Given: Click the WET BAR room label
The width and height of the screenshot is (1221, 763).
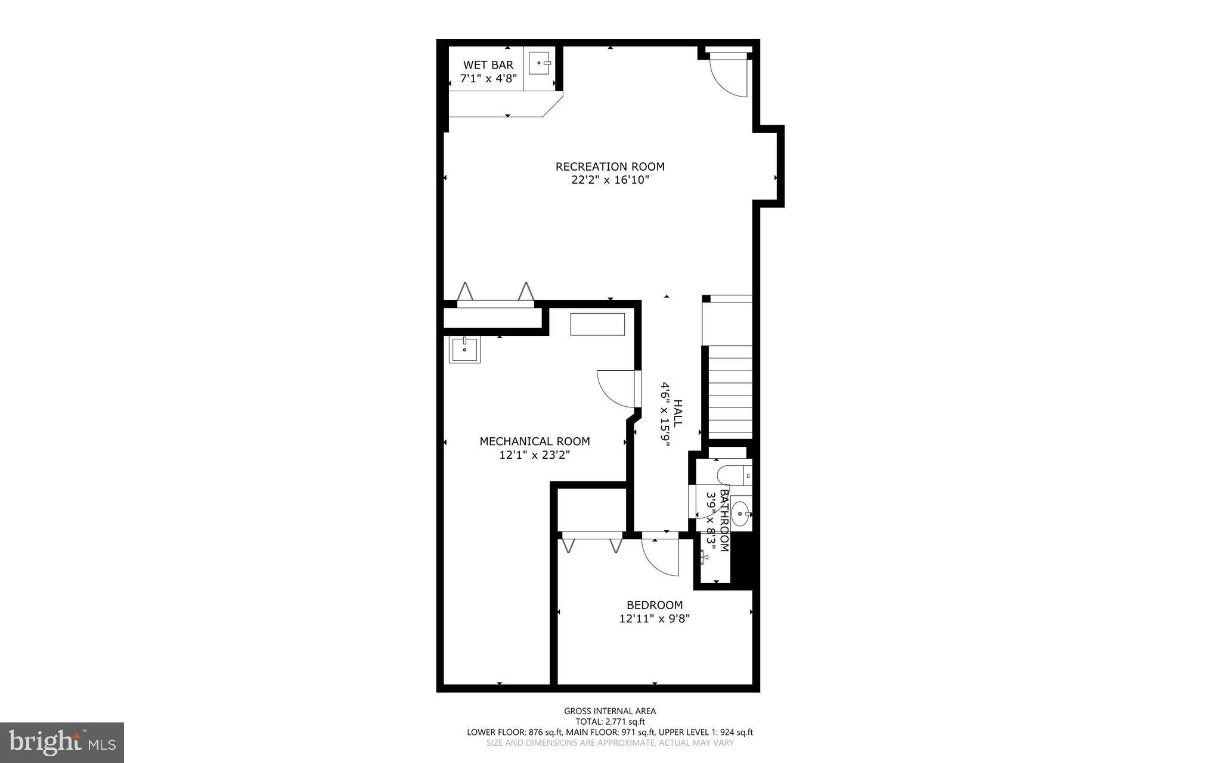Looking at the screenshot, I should pos(488,65).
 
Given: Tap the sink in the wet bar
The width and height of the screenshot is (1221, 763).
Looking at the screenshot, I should pos(540,63).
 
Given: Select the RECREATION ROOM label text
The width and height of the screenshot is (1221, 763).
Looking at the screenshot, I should pos(610,166).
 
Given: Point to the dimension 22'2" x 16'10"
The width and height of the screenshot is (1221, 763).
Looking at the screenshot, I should pos(610,180).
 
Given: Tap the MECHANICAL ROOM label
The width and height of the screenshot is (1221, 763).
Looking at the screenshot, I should pos(535,441).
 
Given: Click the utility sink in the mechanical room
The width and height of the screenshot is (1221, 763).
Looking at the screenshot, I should pos(464,350).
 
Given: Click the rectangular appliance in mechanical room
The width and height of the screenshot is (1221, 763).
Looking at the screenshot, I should pos(597,325).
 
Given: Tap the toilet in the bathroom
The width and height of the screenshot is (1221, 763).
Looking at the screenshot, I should pos(733,475).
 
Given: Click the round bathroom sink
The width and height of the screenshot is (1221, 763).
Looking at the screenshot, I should pos(740,513).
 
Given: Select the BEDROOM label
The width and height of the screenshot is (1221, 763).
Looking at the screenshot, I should pos(655,605).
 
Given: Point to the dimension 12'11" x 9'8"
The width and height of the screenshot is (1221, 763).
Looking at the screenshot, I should pos(655,619).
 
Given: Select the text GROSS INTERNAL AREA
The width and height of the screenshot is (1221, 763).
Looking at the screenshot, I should pos(610,711).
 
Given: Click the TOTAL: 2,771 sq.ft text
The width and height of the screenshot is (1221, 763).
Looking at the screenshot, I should pos(610,721).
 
